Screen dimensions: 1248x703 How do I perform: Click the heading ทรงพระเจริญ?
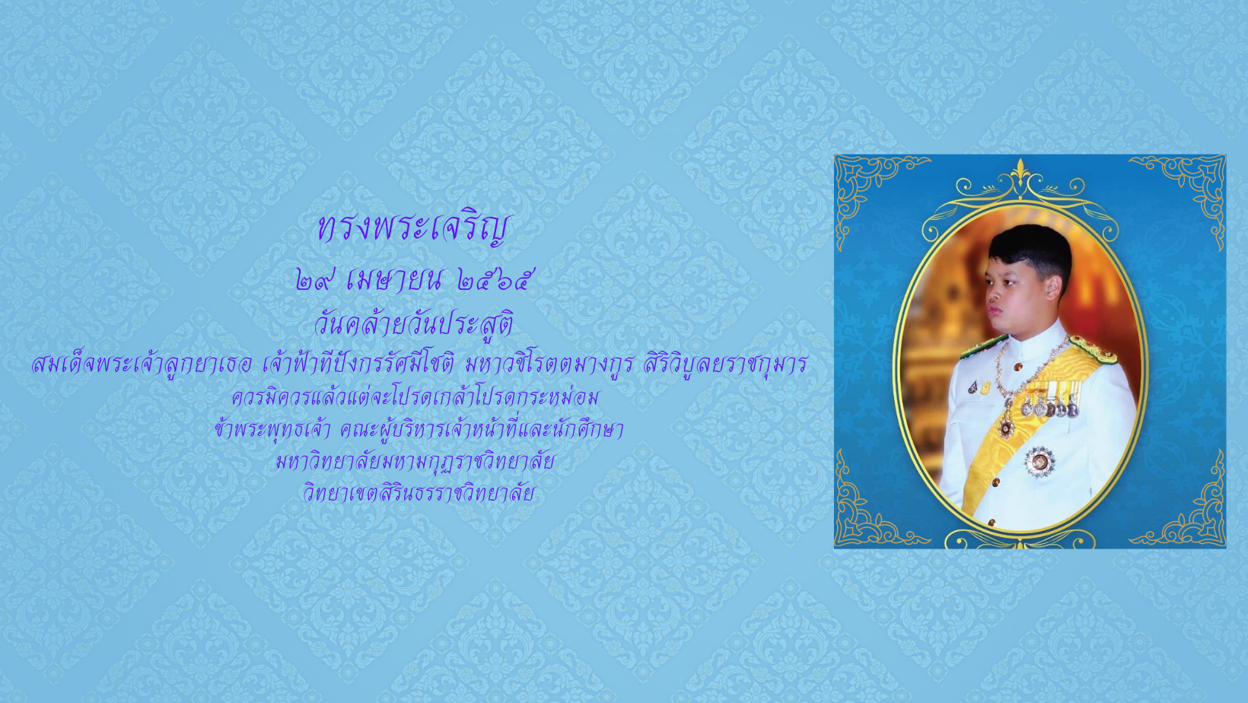tap(413, 228)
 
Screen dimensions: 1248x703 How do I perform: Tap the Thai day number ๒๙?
tap(313, 280)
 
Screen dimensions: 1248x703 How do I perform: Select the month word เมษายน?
tap(396, 280)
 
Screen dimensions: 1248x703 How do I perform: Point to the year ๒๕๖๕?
tap(492, 280)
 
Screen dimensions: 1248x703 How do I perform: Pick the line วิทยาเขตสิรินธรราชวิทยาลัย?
tap(419, 493)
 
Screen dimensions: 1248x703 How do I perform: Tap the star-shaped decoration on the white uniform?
tap(1039, 462)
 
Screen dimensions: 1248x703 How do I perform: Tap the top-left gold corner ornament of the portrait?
tap(869, 189)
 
